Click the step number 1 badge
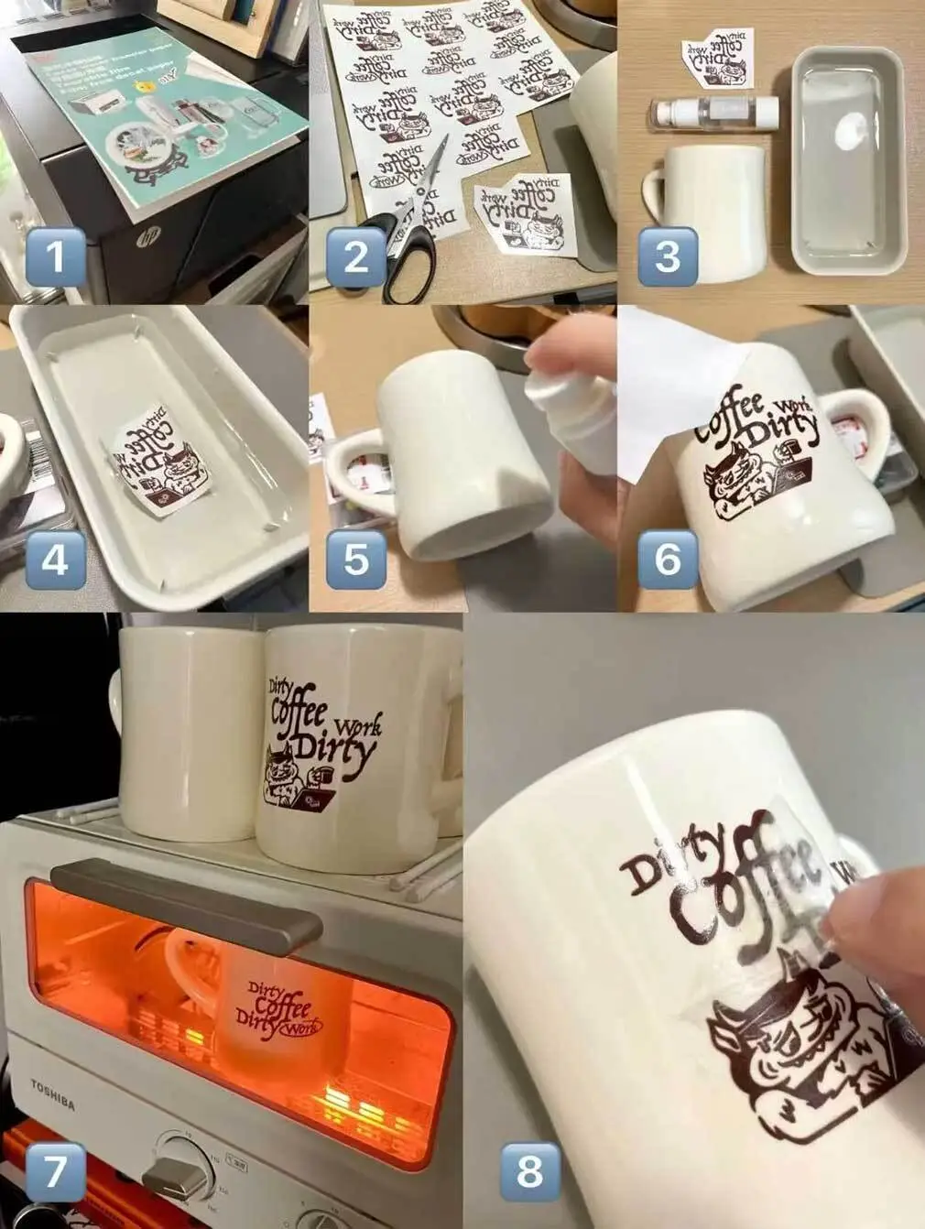[55, 257]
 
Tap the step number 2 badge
[355, 257]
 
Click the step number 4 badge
[55, 559]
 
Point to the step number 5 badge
[355, 559]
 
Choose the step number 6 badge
[668, 559]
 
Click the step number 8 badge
[530, 1171]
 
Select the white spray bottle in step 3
[714, 114]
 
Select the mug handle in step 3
[652, 193]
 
